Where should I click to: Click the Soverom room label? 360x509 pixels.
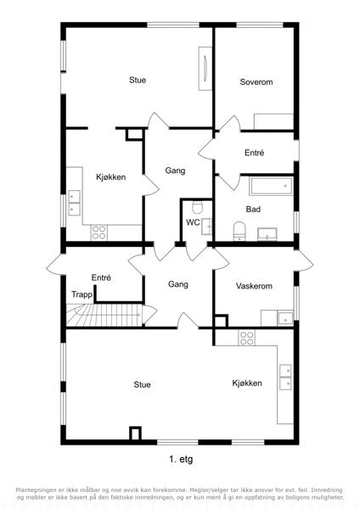(x=256, y=81)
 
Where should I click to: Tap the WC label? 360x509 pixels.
(x=193, y=222)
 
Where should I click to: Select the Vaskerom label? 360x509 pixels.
(x=254, y=286)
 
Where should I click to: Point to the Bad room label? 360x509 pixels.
(x=253, y=209)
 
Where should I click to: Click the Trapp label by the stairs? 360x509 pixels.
(x=82, y=294)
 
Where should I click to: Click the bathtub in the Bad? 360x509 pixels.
(x=271, y=186)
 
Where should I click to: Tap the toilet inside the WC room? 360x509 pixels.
(x=197, y=207)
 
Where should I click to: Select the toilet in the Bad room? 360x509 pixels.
(x=239, y=231)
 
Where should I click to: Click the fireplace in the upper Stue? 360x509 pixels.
(x=205, y=68)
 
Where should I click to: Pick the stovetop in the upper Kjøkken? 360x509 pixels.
(x=98, y=232)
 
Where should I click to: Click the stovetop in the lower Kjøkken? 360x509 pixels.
(x=246, y=338)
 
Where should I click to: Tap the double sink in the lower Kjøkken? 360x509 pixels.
(x=285, y=377)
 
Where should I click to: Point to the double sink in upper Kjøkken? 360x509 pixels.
(x=74, y=203)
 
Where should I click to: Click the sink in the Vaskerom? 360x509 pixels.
(x=284, y=318)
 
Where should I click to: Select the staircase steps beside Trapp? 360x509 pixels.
(x=104, y=315)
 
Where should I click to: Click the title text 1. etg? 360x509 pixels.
(x=181, y=459)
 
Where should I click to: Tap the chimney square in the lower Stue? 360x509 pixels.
(x=136, y=433)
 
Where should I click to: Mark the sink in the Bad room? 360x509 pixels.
(x=267, y=234)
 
